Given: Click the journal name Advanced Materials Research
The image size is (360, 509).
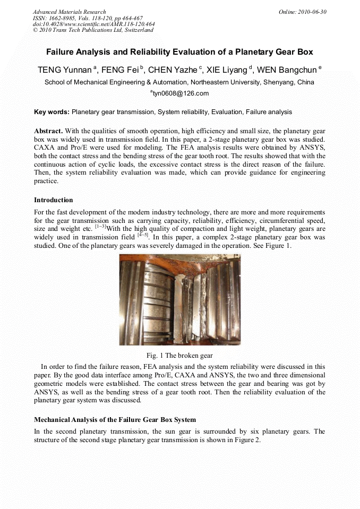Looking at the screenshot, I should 69,12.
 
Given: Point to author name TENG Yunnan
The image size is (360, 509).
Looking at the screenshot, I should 64,70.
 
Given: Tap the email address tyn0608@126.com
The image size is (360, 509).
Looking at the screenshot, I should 181,93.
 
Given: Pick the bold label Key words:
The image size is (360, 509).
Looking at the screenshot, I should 52,112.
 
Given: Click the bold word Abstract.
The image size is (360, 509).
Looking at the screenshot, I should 48,131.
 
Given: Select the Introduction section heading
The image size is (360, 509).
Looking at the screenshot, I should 54,200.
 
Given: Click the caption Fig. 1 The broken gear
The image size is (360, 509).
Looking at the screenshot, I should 179,355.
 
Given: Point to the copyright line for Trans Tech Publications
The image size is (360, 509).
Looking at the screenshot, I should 93,30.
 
